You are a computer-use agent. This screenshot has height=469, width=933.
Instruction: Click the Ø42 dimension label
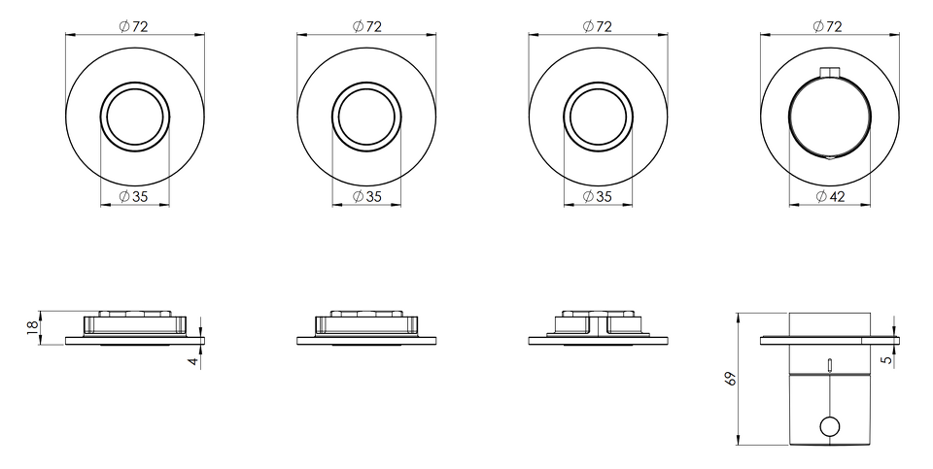830,196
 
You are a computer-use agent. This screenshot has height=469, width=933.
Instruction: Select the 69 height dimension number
731,379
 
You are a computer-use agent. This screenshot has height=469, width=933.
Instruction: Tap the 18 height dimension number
33,326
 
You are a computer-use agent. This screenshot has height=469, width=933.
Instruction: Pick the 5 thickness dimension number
889,359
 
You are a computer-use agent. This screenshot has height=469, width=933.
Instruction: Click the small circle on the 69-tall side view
829,427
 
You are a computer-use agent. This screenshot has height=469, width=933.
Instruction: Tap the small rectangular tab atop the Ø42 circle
829,73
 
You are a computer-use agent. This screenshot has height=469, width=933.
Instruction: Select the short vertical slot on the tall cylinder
829,364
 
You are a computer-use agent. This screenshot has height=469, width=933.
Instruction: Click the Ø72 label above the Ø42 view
829,26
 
